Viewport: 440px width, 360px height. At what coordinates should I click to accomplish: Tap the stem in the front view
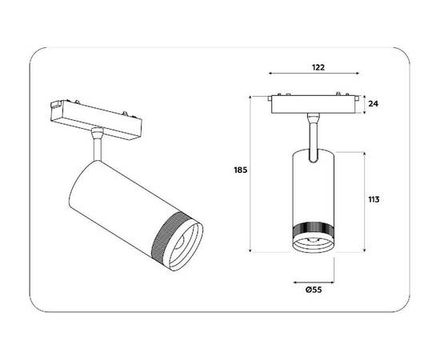point(312,132)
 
